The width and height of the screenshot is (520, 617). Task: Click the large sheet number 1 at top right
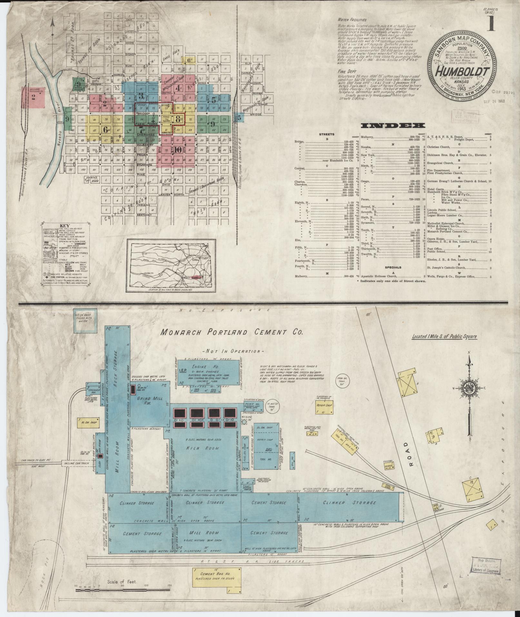tap(491, 24)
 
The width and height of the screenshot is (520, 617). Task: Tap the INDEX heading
tap(393, 126)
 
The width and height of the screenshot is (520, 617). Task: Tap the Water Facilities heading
tap(349, 20)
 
